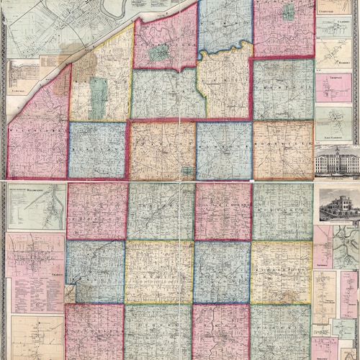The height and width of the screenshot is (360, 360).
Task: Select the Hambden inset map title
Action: pos(333,44)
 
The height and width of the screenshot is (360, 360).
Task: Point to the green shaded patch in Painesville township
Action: pos(158,52)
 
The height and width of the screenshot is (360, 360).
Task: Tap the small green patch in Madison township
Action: pos(289,12)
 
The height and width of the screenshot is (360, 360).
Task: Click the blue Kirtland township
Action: pos(97,150)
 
